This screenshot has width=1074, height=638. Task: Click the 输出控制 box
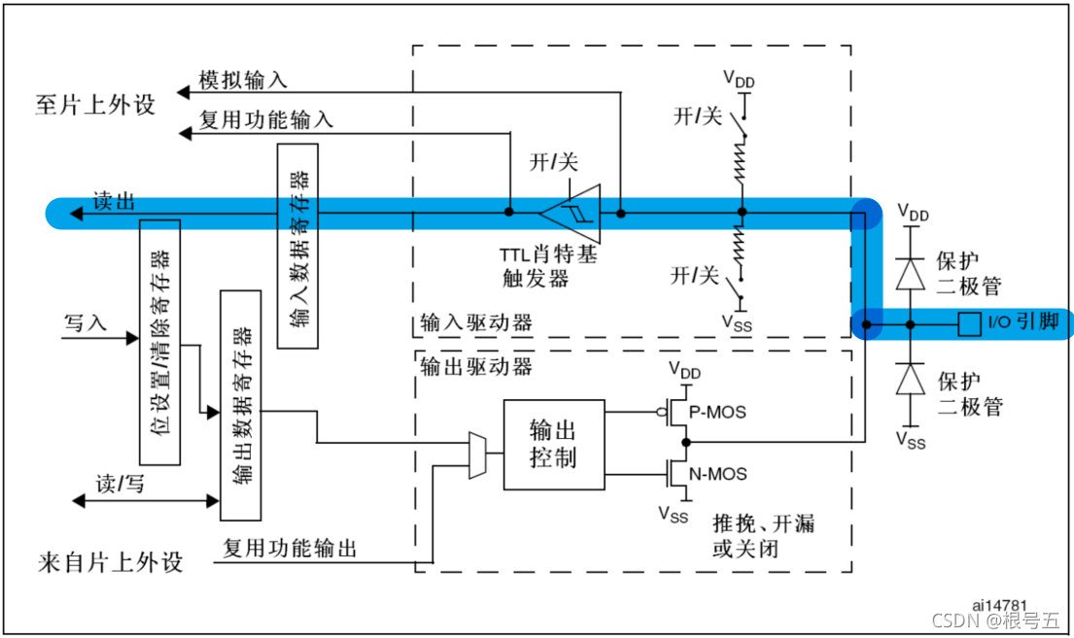pyautogui.click(x=554, y=444)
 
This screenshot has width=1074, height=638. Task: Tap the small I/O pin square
pyautogui.click(x=968, y=323)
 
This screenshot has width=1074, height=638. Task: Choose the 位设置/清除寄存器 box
pyautogui.click(x=160, y=342)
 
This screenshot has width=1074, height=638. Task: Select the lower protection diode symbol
pyautogui.click(x=910, y=380)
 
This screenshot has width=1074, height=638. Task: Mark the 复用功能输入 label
pyautogui.click(x=266, y=119)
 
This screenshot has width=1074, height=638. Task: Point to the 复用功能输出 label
pyautogui.click(x=290, y=549)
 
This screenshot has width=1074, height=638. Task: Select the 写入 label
pyautogui.click(x=86, y=321)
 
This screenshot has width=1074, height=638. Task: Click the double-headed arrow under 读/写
pyautogui.click(x=146, y=500)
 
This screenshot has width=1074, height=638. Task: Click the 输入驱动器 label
pyautogui.click(x=476, y=322)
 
